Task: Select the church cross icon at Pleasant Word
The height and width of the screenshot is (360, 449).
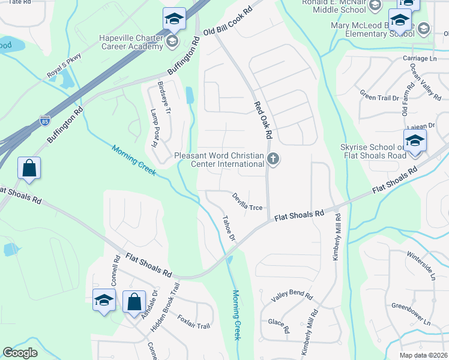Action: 274,159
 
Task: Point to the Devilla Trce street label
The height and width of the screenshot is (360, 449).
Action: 248,200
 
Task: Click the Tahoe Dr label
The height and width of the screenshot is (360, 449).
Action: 229,228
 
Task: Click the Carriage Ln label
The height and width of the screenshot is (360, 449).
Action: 420,58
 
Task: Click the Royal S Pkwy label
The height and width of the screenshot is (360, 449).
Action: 64,66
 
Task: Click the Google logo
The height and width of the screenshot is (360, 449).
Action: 20,353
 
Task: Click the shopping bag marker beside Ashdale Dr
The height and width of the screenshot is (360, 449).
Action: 134,301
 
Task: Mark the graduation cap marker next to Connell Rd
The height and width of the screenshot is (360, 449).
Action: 104,299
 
